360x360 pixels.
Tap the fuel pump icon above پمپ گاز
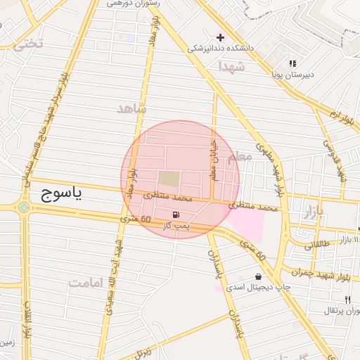[x=174, y=214]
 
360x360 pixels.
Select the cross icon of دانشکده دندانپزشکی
[x=220, y=37]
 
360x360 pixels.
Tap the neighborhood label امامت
[x=86, y=283]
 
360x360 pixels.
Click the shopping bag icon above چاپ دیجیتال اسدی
[x=259, y=276]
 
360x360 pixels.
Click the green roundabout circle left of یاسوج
[x=25, y=207]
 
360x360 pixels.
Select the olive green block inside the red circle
[x=169, y=180]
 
